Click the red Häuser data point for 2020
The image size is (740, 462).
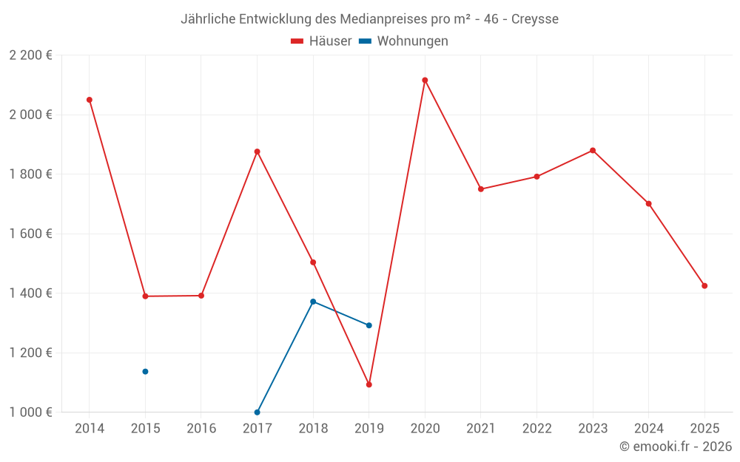click(x=425, y=80)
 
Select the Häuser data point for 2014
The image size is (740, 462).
click(x=90, y=100)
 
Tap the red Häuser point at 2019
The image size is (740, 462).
click(x=369, y=384)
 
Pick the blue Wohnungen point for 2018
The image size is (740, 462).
click(x=313, y=302)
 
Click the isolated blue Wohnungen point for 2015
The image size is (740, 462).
click(x=145, y=371)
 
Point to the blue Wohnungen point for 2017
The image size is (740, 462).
click(x=257, y=412)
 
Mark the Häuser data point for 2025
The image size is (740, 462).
click(x=704, y=286)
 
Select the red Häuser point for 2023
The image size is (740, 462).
click(x=593, y=150)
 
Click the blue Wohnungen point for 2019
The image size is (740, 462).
click(x=369, y=325)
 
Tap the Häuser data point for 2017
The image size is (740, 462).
click(x=257, y=152)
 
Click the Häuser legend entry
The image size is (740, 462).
click(x=321, y=41)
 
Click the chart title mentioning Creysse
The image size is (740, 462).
click(x=370, y=18)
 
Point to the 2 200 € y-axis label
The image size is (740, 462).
click(x=30, y=55)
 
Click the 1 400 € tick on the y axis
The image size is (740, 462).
click(x=30, y=293)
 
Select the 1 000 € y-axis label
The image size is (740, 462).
click(x=30, y=412)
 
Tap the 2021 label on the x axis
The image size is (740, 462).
click(x=481, y=429)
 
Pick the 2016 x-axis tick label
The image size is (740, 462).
click(x=201, y=429)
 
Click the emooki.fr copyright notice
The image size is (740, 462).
click(x=675, y=446)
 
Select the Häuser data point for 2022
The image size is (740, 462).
click(x=536, y=177)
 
